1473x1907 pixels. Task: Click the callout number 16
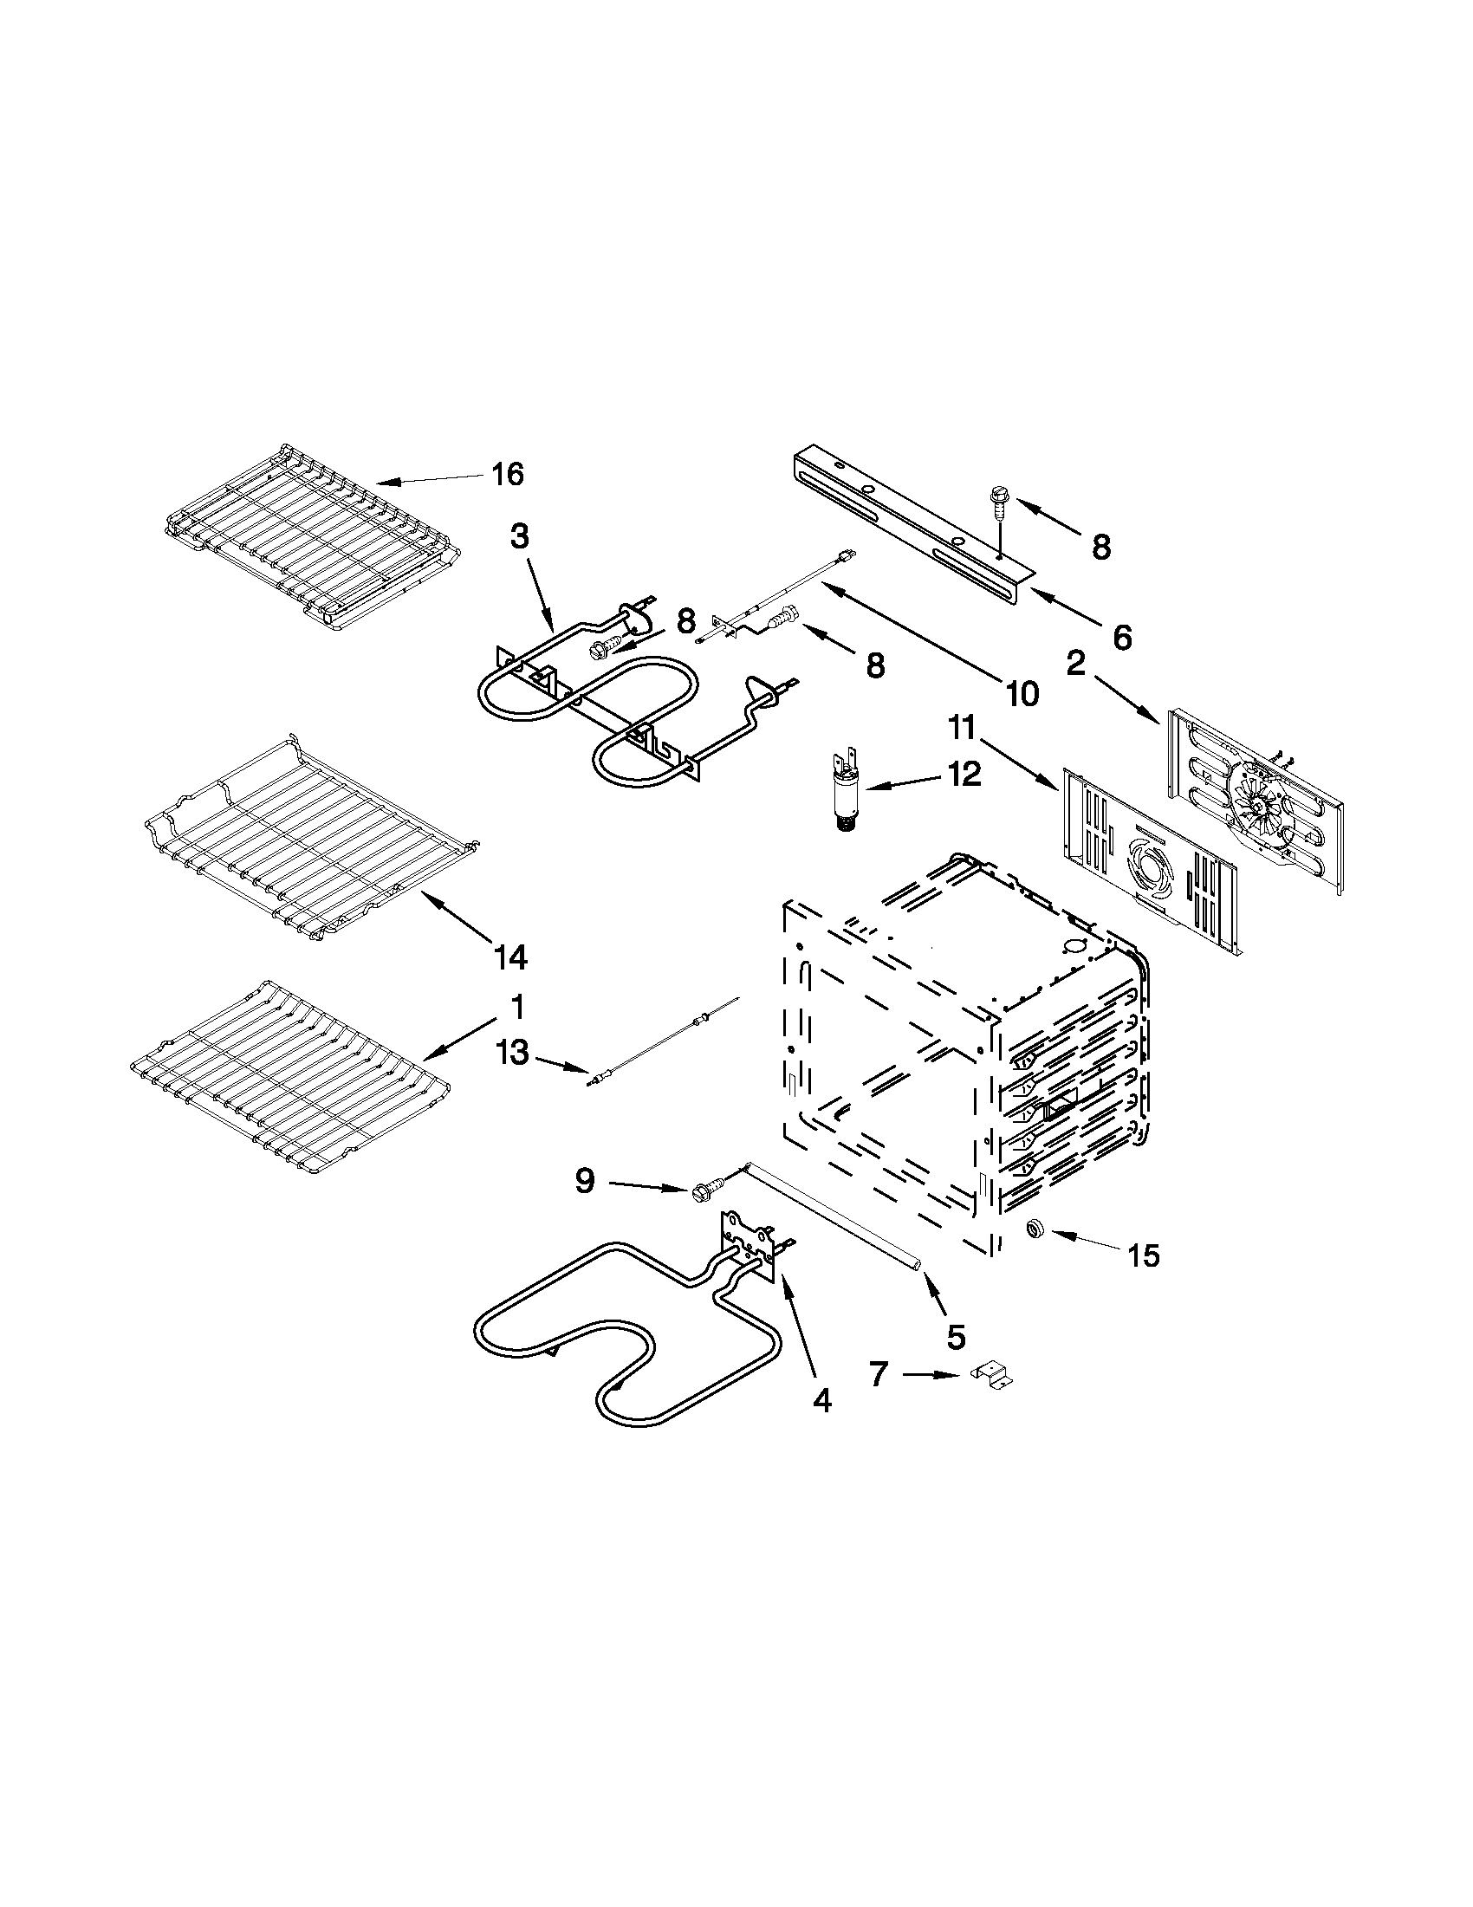pyautogui.click(x=507, y=475)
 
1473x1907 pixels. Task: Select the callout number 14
pyautogui.click(x=510, y=958)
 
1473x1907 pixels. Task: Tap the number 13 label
pyautogui.click(x=513, y=1053)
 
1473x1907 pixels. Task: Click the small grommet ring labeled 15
pyautogui.click(x=1036, y=1229)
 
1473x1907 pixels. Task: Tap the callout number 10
pyautogui.click(x=1022, y=693)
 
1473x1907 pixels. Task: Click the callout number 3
pyautogui.click(x=520, y=536)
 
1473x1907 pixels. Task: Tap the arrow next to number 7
pyautogui.click(x=932, y=1374)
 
